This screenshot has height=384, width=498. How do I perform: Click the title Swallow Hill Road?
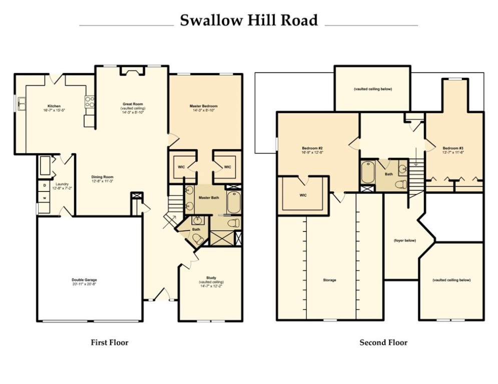coord(248,20)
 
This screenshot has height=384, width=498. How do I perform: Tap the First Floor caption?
coord(109,342)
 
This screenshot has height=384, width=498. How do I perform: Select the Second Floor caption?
coord(383,342)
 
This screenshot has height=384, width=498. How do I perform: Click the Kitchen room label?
coord(54,106)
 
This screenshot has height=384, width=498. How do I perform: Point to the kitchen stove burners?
coord(90,102)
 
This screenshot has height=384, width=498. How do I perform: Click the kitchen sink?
coord(22,104)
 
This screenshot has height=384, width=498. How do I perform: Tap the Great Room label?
coord(133,104)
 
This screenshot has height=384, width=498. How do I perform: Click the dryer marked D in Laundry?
coord(44,185)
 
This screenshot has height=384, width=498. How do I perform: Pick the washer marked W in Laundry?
coord(44,197)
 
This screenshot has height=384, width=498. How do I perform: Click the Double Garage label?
coord(84,280)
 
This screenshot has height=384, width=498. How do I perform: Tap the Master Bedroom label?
coord(203,106)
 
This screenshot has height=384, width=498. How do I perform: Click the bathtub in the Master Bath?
coord(233,203)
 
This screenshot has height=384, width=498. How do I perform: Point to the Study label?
coord(211,278)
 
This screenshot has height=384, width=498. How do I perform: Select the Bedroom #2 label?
coord(312,148)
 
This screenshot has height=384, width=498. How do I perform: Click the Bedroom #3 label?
coord(452,148)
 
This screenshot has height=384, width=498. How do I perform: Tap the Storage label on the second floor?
coord(329,280)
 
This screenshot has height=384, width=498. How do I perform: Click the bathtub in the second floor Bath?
coord(368,173)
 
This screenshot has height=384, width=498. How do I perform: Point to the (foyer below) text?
coord(404,240)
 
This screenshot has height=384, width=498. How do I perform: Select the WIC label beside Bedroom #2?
coord(303,195)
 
